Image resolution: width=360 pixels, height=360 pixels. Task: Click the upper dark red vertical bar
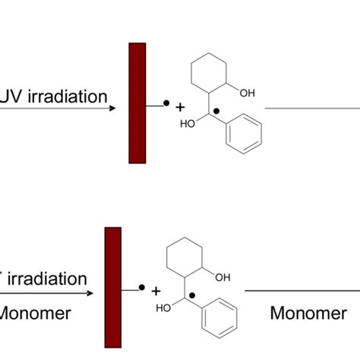point(137,103)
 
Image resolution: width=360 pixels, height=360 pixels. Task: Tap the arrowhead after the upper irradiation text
point(112,107)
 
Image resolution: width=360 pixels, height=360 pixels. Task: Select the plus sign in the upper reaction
point(180,108)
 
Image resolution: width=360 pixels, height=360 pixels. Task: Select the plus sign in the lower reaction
point(156,292)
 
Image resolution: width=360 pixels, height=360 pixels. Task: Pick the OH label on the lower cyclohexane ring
point(223,277)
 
